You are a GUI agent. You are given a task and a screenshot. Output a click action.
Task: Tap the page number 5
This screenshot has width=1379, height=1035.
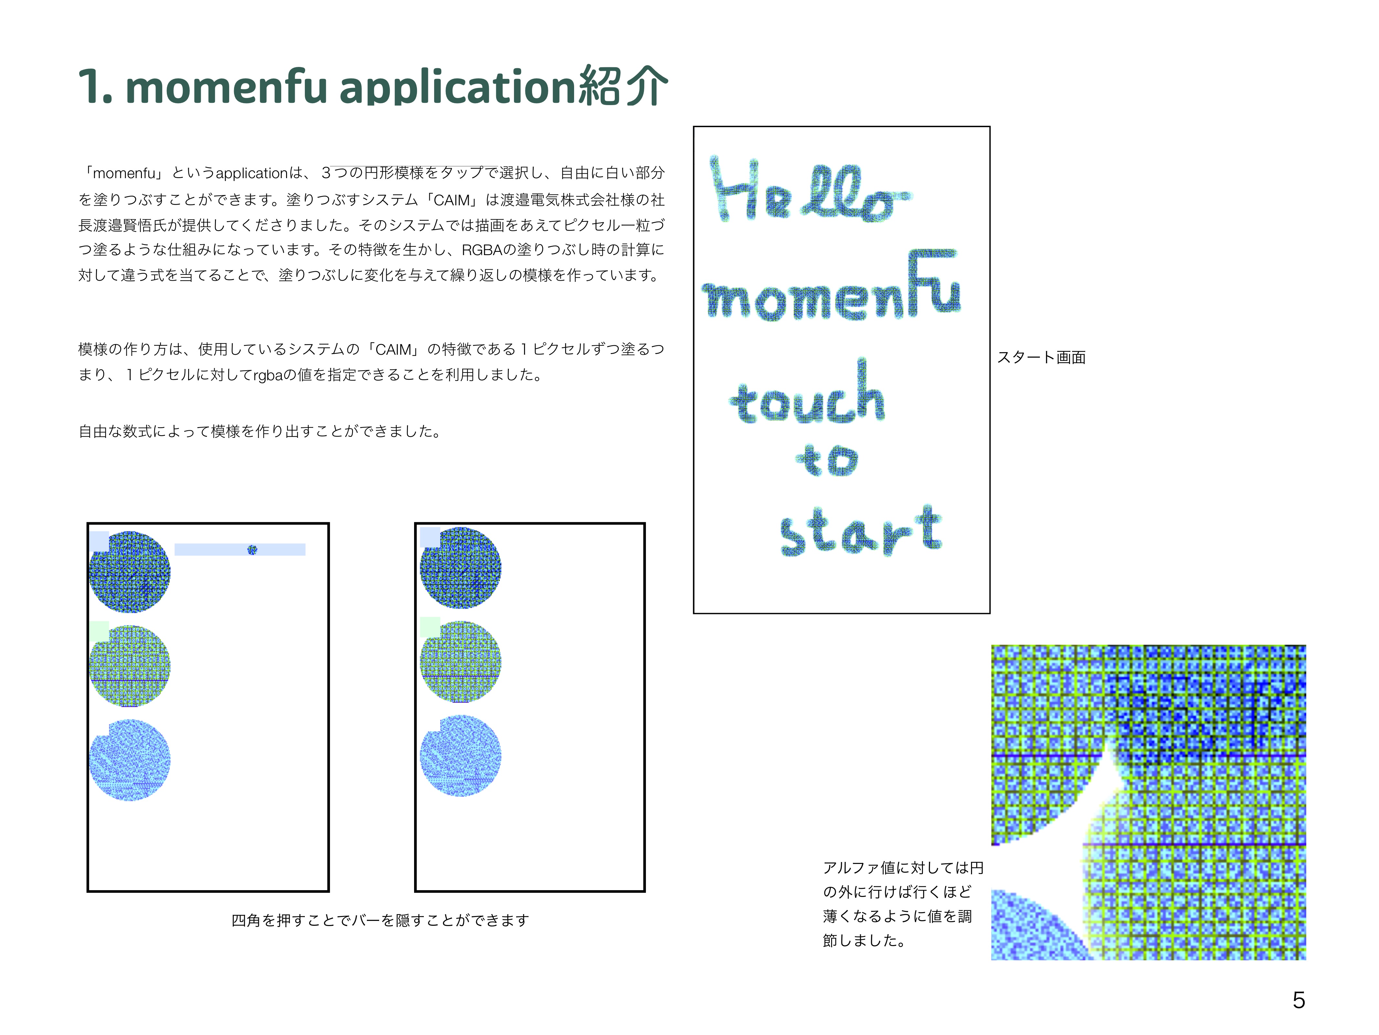[1299, 1000]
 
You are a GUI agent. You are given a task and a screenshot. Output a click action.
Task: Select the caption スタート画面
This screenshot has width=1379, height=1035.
[1041, 357]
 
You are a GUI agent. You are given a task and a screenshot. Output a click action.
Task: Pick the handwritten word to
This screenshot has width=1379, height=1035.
[827, 460]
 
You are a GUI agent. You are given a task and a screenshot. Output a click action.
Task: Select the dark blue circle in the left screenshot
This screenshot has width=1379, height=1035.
[130, 572]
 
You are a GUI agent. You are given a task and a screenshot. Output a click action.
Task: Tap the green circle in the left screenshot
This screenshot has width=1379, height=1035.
[130, 666]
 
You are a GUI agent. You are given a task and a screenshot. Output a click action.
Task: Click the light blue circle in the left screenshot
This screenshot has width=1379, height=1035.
[130, 760]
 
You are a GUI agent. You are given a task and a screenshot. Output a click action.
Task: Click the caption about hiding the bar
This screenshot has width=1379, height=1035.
[380, 920]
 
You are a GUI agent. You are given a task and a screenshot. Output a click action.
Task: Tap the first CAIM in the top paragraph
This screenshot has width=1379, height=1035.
[452, 200]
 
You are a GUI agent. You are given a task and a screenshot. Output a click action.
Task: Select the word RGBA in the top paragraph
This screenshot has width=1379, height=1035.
[482, 250]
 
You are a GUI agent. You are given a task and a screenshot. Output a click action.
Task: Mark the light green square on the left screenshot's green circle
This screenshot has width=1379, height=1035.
[99, 631]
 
